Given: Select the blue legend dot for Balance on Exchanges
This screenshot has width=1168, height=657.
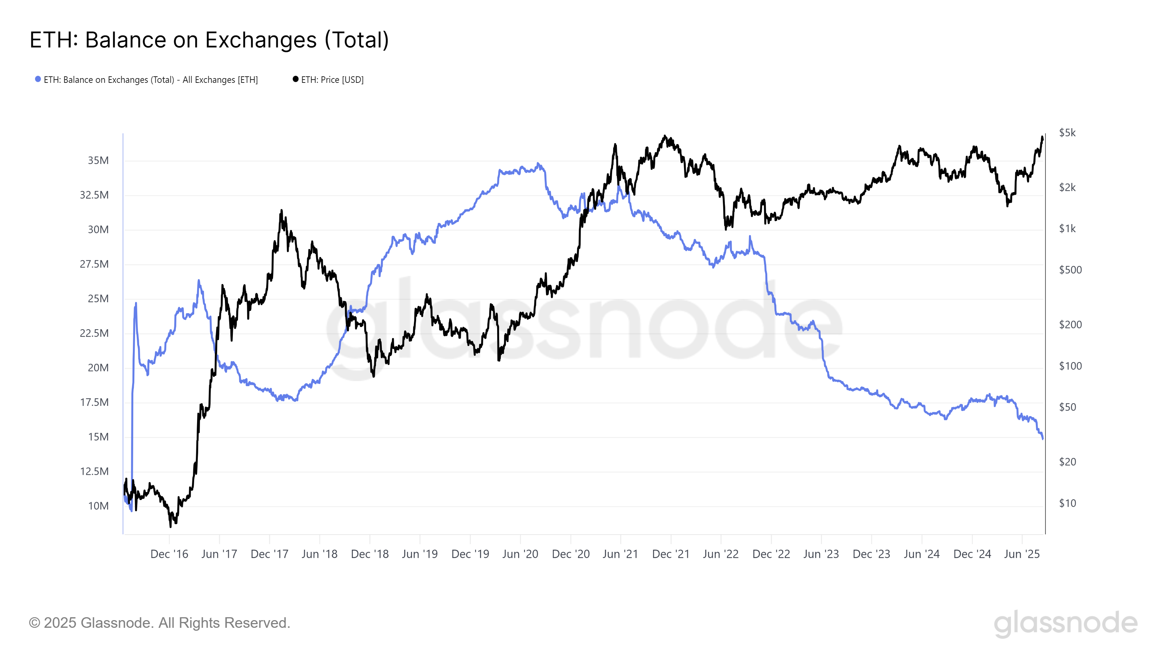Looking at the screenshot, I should click(38, 79).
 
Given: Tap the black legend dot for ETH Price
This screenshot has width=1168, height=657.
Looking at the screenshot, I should click(296, 79).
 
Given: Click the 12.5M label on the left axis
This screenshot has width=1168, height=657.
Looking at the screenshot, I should click(94, 472).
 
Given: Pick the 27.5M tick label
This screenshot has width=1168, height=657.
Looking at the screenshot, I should click(94, 264).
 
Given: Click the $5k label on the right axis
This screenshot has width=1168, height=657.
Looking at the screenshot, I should click(1067, 133).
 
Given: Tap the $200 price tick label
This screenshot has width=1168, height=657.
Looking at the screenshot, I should click(1070, 324).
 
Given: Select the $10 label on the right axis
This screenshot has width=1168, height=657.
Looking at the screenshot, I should click(1067, 503).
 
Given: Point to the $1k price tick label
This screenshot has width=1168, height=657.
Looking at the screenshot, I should click(1067, 228).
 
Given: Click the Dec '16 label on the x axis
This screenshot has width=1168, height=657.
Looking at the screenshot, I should click(169, 554).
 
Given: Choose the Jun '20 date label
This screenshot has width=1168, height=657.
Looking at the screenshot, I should click(520, 554).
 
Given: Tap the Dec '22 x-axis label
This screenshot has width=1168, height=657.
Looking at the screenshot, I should click(771, 554).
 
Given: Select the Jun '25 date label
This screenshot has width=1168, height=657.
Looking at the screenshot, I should click(1022, 554).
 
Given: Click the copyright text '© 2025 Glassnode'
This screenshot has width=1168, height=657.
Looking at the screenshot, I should click(159, 623).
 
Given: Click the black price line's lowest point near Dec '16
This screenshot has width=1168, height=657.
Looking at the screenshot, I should click(170, 526).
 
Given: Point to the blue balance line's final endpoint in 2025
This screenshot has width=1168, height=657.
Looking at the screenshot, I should click(1043, 438).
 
